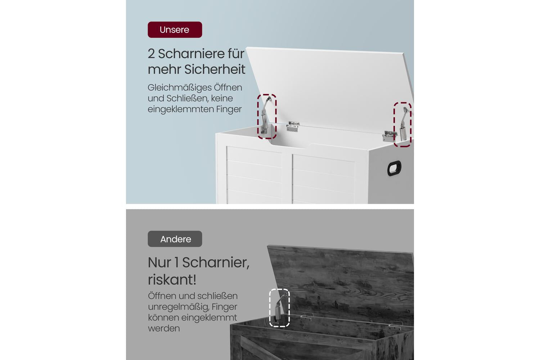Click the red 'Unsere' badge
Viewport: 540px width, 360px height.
pyautogui.click(x=175, y=30)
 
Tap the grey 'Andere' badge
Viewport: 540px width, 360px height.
pyautogui.click(x=175, y=239)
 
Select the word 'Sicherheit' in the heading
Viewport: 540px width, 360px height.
pyautogui.click(x=215, y=69)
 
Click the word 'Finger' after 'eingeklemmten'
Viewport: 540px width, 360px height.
pyautogui.click(x=229, y=109)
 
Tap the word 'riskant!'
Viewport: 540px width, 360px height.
pyautogui.click(x=172, y=280)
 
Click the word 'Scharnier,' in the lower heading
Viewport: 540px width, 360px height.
pyautogui.click(x=216, y=262)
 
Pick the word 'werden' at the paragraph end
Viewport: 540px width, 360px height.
pyautogui.click(x=164, y=328)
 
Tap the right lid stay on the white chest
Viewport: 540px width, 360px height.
pyautogui.click(x=404, y=125)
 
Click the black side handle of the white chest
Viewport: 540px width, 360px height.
pyautogui.click(x=394, y=168)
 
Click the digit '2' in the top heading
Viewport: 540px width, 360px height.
pyautogui.click(x=151, y=54)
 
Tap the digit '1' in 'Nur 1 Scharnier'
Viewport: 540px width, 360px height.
pyautogui.click(x=176, y=262)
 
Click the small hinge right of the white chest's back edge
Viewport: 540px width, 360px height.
pyautogui.click(x=390, y=136)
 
